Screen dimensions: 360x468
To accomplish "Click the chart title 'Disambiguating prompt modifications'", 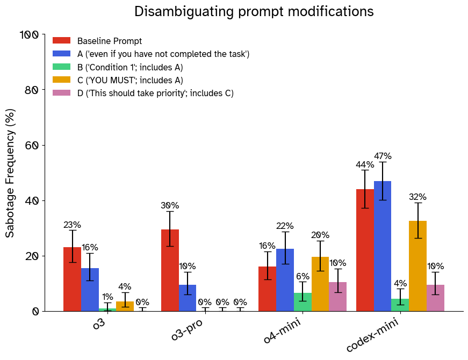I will click(x=254, y=12).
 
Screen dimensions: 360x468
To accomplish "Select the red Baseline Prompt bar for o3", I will click(x=72, y=279).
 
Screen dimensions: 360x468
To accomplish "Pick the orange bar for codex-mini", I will click(x=417, y=266).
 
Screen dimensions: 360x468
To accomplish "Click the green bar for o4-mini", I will click(x=303, y=302).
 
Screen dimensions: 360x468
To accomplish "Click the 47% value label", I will click(x=383, y=156).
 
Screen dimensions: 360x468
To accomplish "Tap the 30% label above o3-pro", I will click(x=170, y=206).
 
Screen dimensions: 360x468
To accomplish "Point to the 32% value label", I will click(x=417, y=197).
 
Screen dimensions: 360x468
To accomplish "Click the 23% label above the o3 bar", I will click(x=72, y=225).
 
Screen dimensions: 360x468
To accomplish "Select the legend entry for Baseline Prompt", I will click(x=109, y=41).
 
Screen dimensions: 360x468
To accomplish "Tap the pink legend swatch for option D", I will click(x=61, y=93).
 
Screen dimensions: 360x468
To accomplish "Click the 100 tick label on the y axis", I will click(x=30, y=35).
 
